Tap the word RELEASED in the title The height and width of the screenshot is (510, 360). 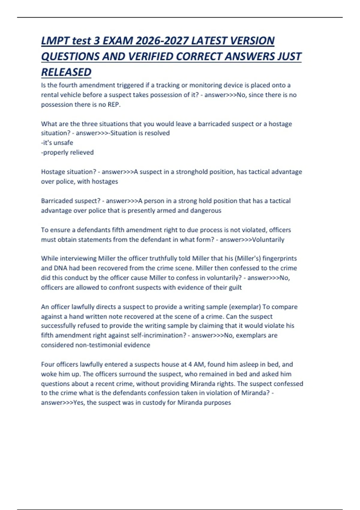click(66, 72)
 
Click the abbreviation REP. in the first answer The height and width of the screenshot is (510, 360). click(114, 105)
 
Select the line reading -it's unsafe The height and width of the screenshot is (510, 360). click(57, 143)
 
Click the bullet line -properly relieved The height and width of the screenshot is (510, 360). click(67, 152)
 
